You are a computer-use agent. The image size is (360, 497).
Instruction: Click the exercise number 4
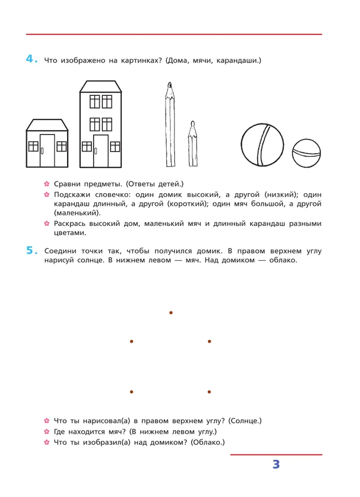[x=30, y=59]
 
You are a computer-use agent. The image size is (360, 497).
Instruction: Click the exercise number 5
[x=30, y=251]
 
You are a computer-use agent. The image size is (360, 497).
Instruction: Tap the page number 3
[x=276, y=465]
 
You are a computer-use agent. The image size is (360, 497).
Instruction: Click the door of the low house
[x=47, y=150]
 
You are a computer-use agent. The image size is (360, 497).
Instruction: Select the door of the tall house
[x=101, y=151]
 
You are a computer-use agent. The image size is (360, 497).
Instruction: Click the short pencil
[x=192, y=145]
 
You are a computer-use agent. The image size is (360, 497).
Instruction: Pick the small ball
[x=306, y=153]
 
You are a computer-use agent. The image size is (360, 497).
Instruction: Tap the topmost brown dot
[x=171, y=313]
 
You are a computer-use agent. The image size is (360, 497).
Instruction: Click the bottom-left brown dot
[x=131, y=392]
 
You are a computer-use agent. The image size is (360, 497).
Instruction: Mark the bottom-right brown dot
[x=209, y=392]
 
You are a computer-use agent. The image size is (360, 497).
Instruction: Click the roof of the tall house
[x=101, y=86]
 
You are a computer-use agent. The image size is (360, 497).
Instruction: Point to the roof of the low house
[x=47, y=125]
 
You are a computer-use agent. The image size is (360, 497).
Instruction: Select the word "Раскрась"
[x=71, y=224]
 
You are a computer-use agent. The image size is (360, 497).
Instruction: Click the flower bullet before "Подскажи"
[x=47, y=195]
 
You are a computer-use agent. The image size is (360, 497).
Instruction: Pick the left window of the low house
[x=33, y=146]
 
